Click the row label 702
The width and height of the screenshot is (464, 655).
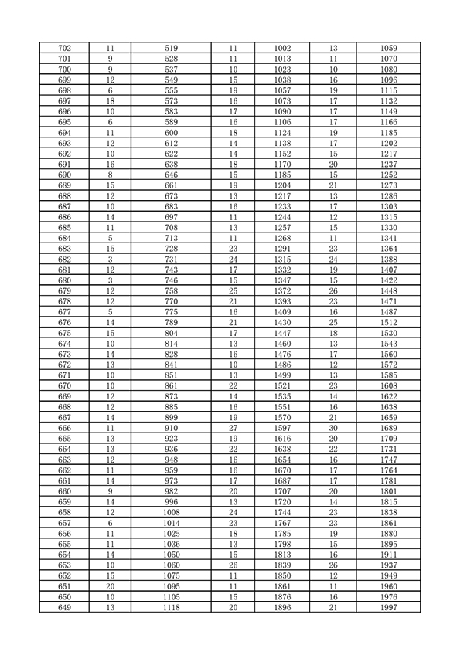click(65, 48)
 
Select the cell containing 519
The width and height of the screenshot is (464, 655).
click(172, 48)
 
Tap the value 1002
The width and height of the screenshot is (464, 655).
click(282, 48)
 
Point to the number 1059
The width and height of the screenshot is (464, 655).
click(389, 48)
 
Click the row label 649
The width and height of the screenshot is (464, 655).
click(65, 607)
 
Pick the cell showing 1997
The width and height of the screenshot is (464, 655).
click(389, 607)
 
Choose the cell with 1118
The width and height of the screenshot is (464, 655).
click(172, 607)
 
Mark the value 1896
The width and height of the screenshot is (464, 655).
click(282, 607)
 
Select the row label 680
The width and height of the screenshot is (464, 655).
click(65, 280)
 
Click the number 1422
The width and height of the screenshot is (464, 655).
click(389, 280)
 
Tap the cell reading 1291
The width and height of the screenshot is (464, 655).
click(282, 248)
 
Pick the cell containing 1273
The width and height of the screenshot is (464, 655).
click(389, 185)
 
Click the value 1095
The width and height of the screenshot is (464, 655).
click(172, 586)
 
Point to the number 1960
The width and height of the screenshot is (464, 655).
click(389, 586)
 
